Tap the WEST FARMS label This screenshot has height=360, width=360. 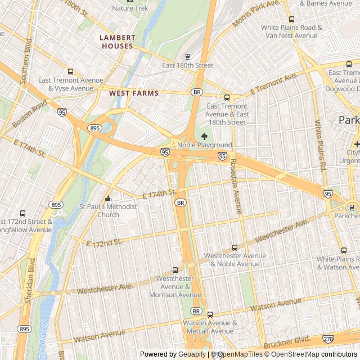click(x=134, y=93)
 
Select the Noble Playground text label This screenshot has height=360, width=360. click(x=204, y=145)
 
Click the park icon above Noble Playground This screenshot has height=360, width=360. click(x=204, y=136)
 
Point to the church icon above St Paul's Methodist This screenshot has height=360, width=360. click(x=109, y=198)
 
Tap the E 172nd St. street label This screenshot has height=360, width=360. click(x=104, y=242)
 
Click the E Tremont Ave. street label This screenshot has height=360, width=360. click(x=273, y=83)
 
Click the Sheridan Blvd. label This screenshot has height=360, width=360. click(x=28, y=281)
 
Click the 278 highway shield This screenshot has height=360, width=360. click(x=328, y=339)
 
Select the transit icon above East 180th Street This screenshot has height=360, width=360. click(x=187, y=56)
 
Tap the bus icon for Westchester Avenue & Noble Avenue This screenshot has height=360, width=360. click(x=235, y=247)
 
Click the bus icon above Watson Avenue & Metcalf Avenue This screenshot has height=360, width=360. click(x=210, y=314)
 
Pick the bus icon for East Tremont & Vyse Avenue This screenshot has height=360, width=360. click(x=70, y=71)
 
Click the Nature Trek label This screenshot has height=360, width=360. click(x=130, y=8)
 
